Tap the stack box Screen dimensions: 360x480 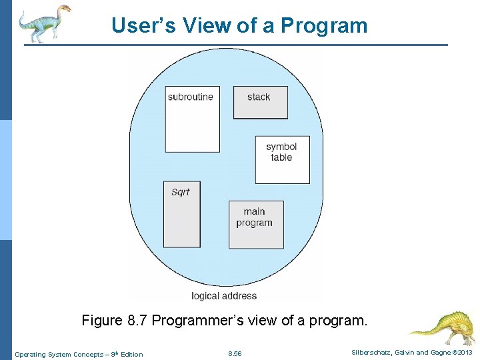(x=260, y=103)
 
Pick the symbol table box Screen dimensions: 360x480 (x=282, y=160)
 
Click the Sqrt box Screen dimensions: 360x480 (x=181, y=215)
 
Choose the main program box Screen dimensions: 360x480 (x=256, y=225)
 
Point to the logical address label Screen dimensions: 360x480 (x=224, y=295)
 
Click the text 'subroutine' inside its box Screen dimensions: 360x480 (x=191, y=97)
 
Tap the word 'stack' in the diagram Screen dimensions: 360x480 (x=259, y=97)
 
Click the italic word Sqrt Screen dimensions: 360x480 (x=180, y=192)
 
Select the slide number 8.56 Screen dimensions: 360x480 (x=235, y=354)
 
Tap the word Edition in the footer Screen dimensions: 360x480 (x=131, y=354)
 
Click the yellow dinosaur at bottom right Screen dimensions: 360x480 (x=439, y=327)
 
